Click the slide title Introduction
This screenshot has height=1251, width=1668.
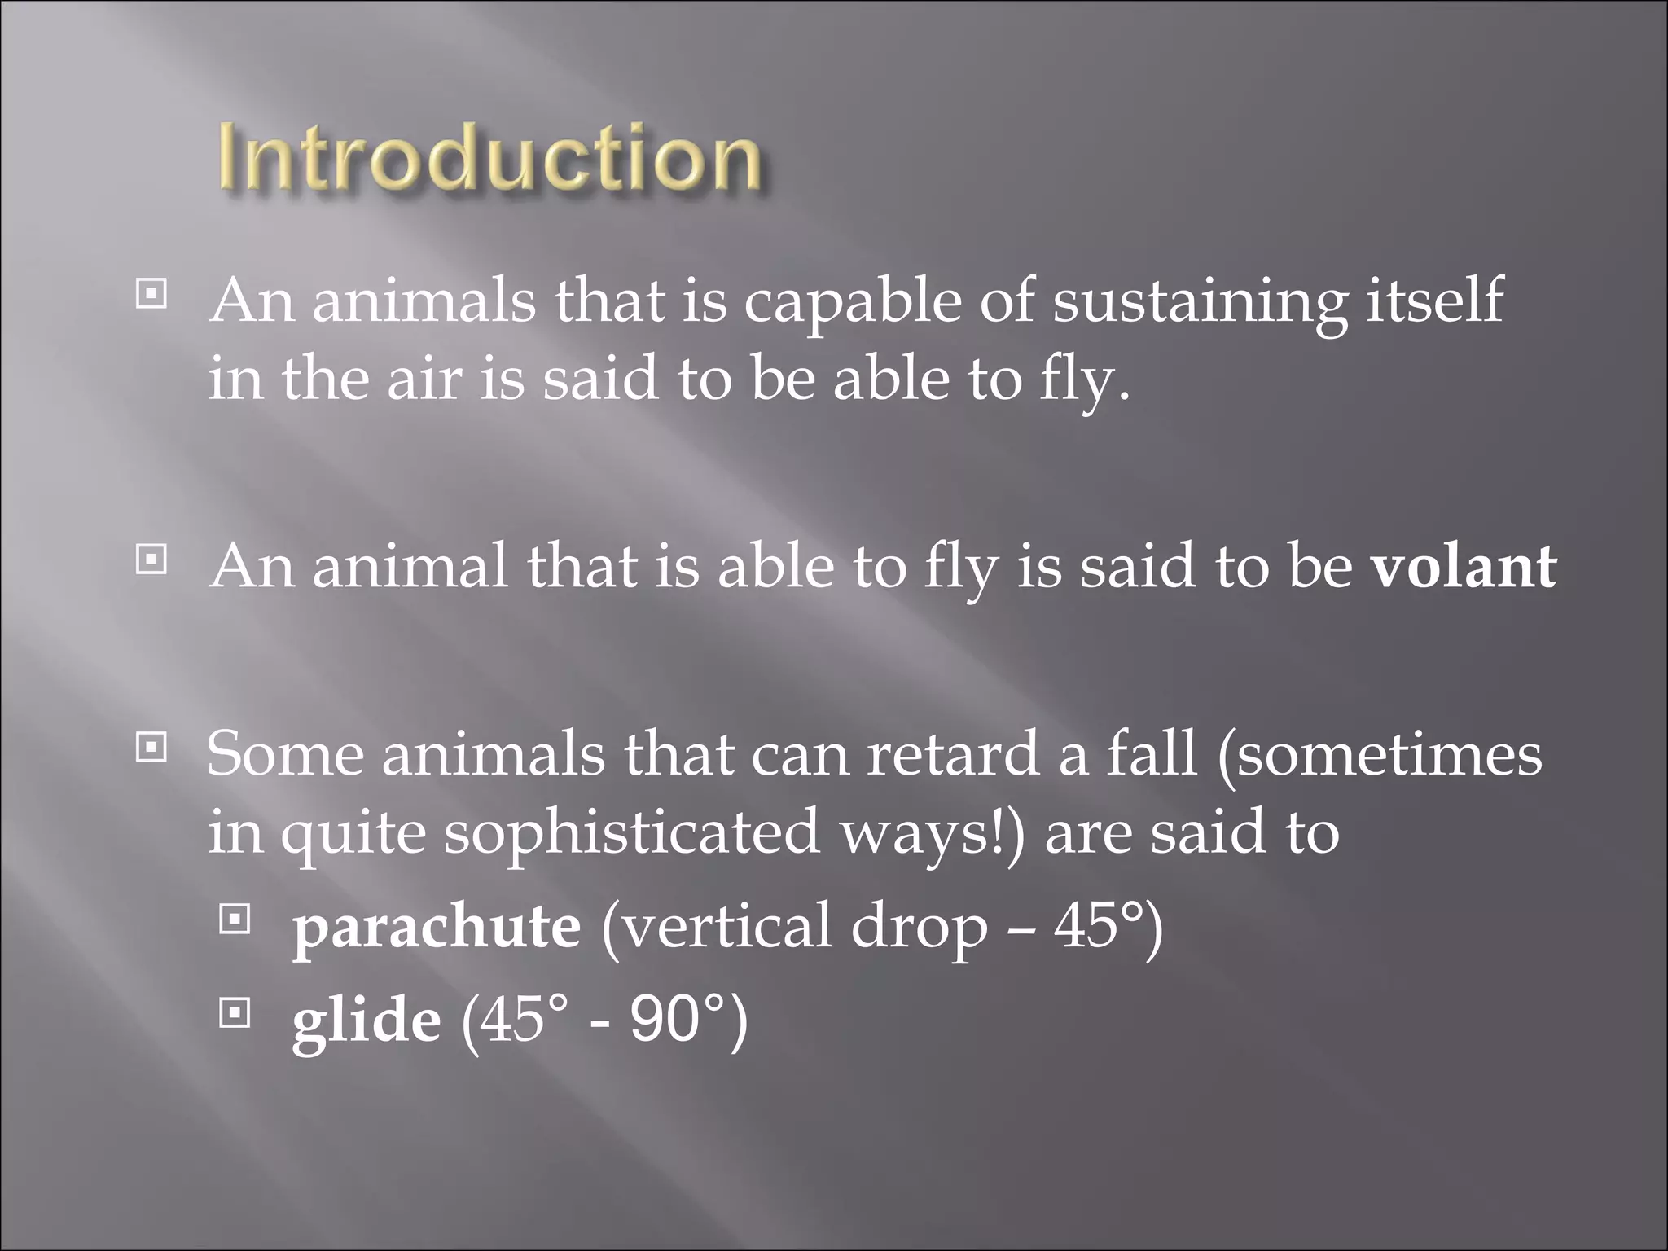coord(489,159)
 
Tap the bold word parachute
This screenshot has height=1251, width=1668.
coord(437,927)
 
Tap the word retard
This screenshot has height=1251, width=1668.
coord(953,754)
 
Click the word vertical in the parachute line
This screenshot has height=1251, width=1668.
coord(717,927)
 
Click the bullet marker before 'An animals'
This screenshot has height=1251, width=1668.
coord(151,294)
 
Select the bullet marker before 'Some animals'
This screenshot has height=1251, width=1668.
coord(151,746)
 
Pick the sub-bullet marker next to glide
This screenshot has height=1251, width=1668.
coord(235,1013)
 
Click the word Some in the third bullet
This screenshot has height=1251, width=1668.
coord(285,754)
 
